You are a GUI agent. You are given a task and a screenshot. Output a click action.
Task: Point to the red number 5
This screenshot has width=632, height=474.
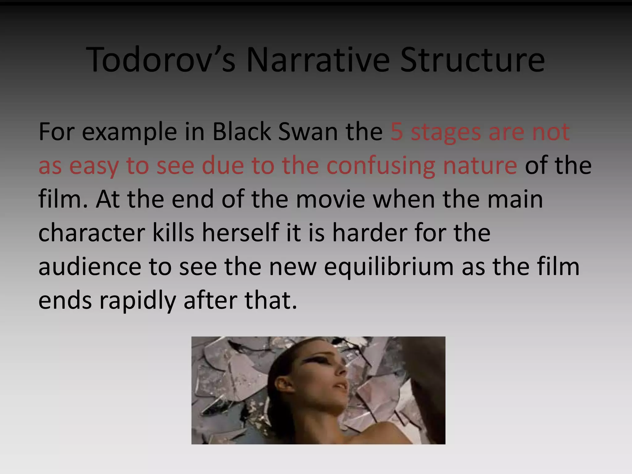397,132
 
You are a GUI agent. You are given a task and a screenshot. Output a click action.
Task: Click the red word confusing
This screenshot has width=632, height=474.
381,166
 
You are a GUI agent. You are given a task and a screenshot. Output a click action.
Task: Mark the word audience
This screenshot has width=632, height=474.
90,267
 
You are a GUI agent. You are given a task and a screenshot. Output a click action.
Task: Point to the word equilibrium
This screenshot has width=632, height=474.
389,267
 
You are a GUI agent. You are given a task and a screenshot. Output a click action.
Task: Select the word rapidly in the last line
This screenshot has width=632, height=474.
137,301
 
